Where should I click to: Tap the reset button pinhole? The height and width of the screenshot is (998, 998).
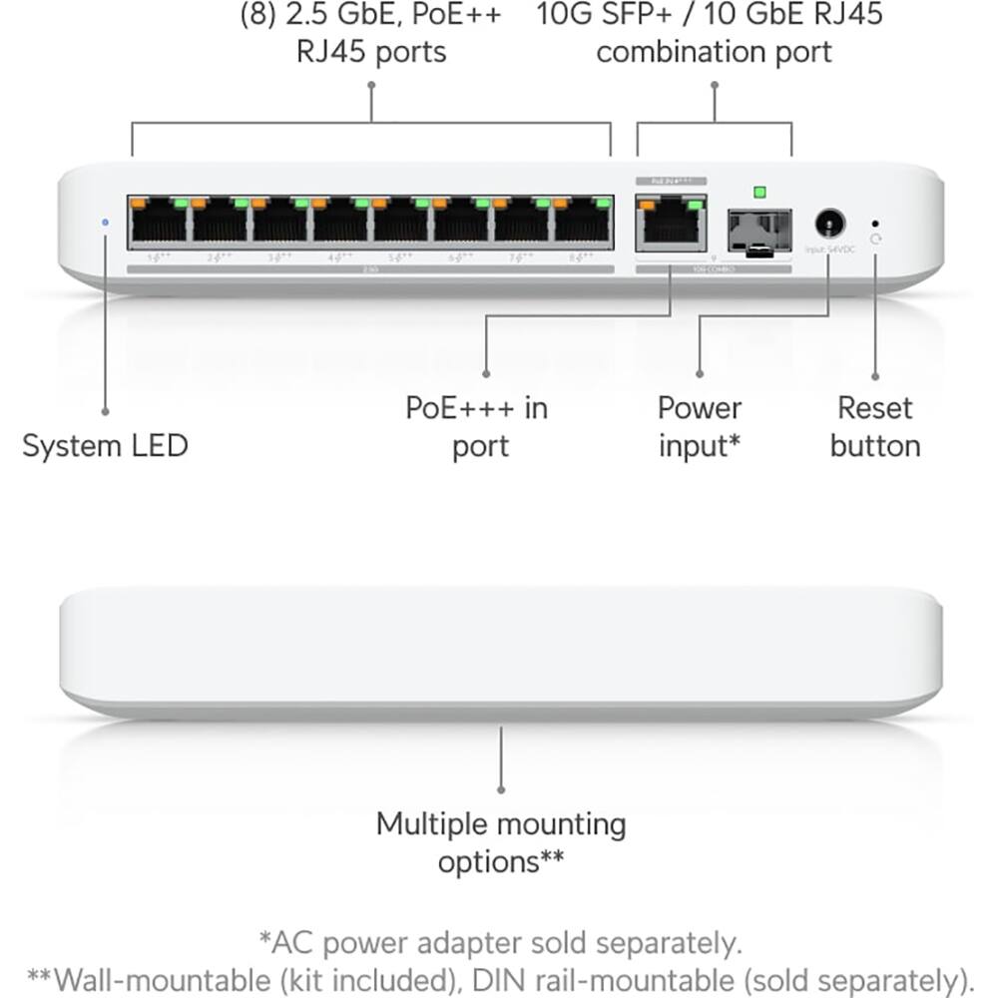(x=875, y=224)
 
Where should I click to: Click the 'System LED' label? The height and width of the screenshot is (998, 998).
(x=105, y=445)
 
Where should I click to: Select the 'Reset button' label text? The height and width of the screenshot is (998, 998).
(x=875, y=426)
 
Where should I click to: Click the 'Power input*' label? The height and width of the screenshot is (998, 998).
(x=700, y=426)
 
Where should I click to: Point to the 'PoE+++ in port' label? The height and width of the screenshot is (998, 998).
(x=476, y=426)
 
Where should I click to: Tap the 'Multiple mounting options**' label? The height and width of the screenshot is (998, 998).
(x=501, y=842)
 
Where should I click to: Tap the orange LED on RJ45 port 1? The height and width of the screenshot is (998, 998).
(x=140, y=204)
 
